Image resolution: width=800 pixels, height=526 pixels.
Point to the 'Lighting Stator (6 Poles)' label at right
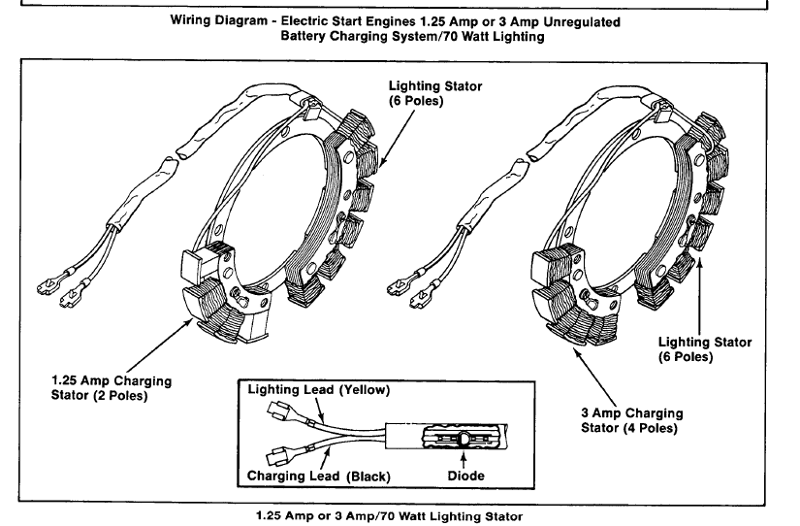pos(704,348)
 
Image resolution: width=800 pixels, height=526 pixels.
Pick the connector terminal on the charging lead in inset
pos(274,452)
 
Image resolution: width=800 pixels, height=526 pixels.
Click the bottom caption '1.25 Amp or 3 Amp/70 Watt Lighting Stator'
pos(399,513)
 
